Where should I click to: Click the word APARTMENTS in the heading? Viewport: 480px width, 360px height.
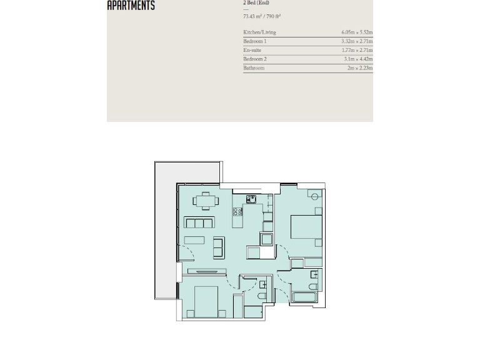click(131, 6)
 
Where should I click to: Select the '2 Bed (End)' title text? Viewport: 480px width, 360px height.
click(256, 3)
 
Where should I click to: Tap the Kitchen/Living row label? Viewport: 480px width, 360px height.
click(259, 32)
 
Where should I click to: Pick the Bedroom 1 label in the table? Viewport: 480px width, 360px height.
click(254, 41)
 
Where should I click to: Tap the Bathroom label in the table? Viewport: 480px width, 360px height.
click(254, 67)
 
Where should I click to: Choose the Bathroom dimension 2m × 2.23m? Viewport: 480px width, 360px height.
click(359, 67)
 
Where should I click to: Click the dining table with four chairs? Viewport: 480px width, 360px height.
click(206, 201)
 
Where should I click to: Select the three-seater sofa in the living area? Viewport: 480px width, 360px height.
click(199, 222)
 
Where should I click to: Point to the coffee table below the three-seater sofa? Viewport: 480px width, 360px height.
click(194, 240)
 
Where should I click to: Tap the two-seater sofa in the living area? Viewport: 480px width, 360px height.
click(219, 247)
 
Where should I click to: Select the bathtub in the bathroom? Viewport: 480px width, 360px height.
click(304, 296)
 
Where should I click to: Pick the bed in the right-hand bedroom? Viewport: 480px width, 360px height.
click(306, 227)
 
